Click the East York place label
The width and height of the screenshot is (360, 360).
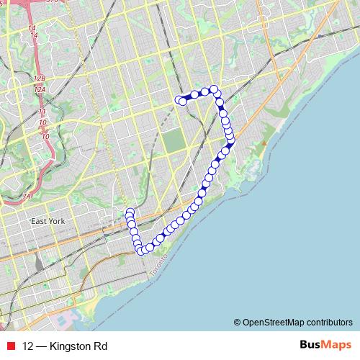click(x=48, y=220)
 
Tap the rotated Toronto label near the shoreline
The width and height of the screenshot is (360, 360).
click(x=156, y=269)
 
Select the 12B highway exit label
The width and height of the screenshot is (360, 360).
click(x=39, y=78)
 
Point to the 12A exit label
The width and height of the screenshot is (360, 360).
click(x=40, y=89)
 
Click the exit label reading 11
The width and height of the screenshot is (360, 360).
click(x=42, y=112)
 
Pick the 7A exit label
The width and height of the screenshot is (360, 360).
click(x=27, y=196)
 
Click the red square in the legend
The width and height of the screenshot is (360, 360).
click(x=9, y=346)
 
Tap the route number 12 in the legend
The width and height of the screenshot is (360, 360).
click(x=28, y=346)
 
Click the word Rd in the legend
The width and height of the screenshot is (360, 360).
click(x=102, y=346)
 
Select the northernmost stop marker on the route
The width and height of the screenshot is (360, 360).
click(x=214, y=89)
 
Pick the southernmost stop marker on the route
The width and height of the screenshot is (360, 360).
click(x=142, y=251)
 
